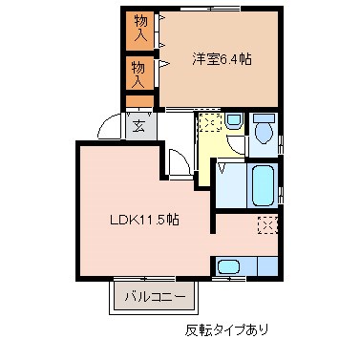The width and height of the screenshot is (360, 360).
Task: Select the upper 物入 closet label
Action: pyautogui.click(x=139, y=30)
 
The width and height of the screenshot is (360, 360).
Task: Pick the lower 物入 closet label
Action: pyautogui.click(x=139, y=74)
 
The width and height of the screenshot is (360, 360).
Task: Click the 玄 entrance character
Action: pyautogui.click(x=139, y=124)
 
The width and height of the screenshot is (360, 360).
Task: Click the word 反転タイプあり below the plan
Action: pyautogui.click(x=226, y=332)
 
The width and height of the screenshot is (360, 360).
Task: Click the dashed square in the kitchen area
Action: pyautogui.click(x=267, y=225)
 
